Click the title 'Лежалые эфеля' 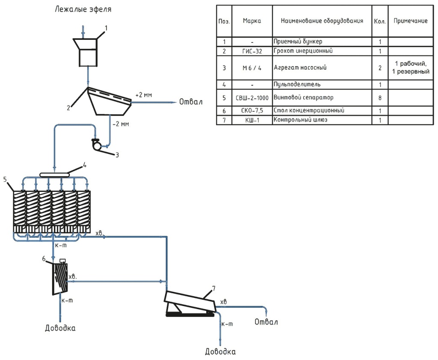[83, 9]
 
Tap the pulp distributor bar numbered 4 [55, 175]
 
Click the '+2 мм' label [144, 95]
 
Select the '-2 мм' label [121, 124]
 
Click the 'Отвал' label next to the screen [191, 102]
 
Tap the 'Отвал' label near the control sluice [266, 322]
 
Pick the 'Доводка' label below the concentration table [60, 328]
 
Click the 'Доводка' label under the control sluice [220, 351]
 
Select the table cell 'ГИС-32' [252, 51]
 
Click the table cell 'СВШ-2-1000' [252, 98]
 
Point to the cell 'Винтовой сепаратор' [304, 98]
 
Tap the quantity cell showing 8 [380, 98]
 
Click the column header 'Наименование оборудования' [322, 21]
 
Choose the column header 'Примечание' [411, 21]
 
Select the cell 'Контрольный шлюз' [301, 120]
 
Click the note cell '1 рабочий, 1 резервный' [411, 68]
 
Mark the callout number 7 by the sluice [214, 289]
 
